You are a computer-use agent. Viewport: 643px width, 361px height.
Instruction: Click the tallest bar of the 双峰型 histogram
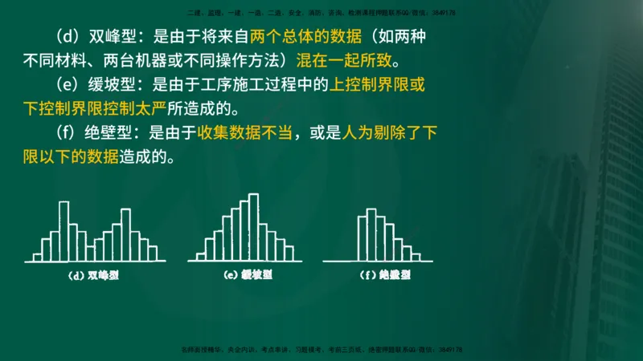coord(63,231)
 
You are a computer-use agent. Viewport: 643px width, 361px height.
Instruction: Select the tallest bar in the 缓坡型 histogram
coord(253,228)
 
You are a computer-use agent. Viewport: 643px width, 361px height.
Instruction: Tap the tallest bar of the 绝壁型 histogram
coord(371,234)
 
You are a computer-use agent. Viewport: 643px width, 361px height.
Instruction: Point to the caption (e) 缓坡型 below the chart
coord(248,275)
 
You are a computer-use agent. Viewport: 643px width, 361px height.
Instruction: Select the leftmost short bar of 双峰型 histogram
coord(37,257)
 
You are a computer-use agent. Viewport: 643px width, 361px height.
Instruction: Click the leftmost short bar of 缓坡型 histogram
coord(197,255)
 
